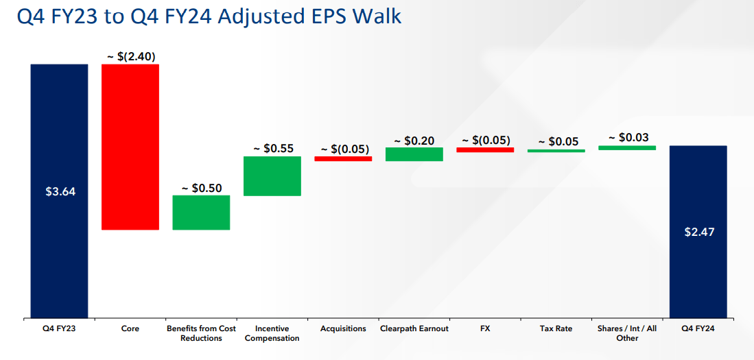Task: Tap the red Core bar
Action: click(x=130, y=147)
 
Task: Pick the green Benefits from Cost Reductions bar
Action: click(x=201, y=213)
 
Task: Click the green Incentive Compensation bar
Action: click(x=272, y=176)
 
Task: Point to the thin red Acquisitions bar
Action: click(x=343, y=158)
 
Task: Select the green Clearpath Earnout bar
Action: click(x=414, y=154)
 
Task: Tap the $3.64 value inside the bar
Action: click(x=59, y=192)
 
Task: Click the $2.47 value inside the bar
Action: click(x=699, y=232)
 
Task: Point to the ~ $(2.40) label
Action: click(x=131, y=56)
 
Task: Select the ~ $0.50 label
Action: click(x=201, y=188)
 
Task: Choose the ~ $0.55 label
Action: click(x=272, y=148)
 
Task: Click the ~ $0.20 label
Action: click(x=414, y=140)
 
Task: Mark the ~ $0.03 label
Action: click(x=628, y=138)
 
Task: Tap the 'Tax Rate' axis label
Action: click(x=556, y=329)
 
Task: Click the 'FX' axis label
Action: click(x=485, y=329)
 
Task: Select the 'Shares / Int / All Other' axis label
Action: click(x=627, y=333)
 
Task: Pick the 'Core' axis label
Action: click(x=130, y=329)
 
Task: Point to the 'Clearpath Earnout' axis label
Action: click(x=414, y=329)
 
